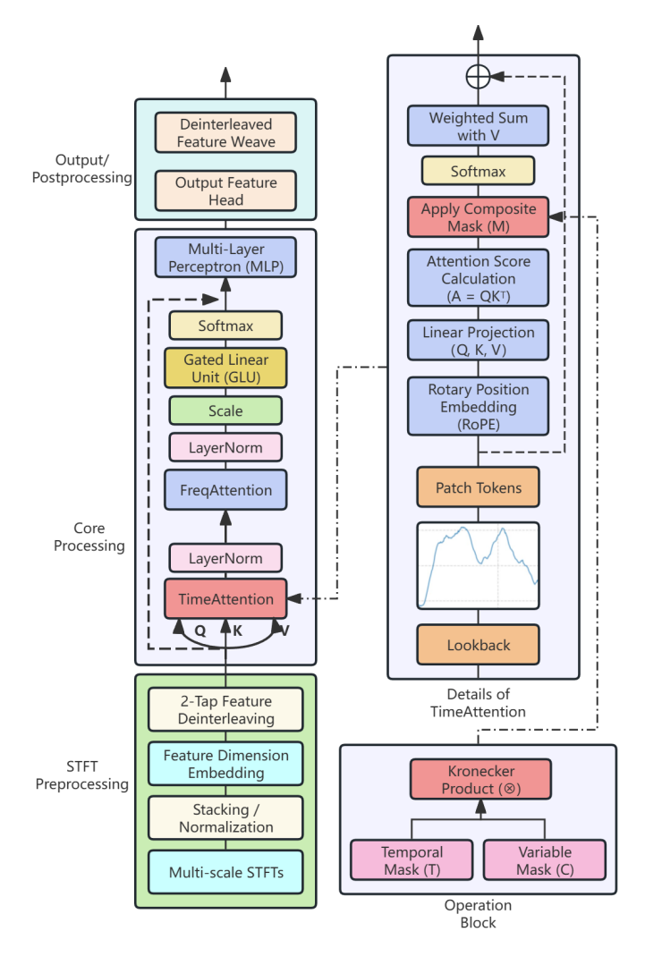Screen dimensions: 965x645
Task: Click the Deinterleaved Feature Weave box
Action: [225, 132]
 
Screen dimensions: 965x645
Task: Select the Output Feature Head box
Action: [225, 191]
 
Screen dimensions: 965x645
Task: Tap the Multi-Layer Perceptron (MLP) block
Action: [225, 258]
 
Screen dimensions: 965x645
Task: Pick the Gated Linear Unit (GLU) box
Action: [225, 368]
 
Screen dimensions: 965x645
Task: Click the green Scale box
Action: [225, 411]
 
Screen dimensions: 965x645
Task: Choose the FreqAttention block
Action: [225, 490]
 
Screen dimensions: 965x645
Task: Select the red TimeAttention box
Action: [225, 599]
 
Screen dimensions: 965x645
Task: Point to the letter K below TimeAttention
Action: [237, 630]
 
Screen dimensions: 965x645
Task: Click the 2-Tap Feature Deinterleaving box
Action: [225, 710]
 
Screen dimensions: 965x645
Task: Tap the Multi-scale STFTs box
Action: [225, 872]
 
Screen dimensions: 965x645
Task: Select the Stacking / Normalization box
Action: [225, 818]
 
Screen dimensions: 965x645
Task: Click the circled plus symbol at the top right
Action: [479, 77]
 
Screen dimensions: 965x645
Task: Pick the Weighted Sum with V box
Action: [479, 126]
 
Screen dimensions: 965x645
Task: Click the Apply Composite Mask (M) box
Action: [479, 217]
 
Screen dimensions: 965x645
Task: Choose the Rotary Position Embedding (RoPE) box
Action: [479, 407]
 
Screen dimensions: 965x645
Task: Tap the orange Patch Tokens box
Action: [479, 488]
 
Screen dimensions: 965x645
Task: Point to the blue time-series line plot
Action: [479, 563]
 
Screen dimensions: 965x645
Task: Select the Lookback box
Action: [479, 645]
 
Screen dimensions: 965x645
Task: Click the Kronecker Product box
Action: [479, 780]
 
